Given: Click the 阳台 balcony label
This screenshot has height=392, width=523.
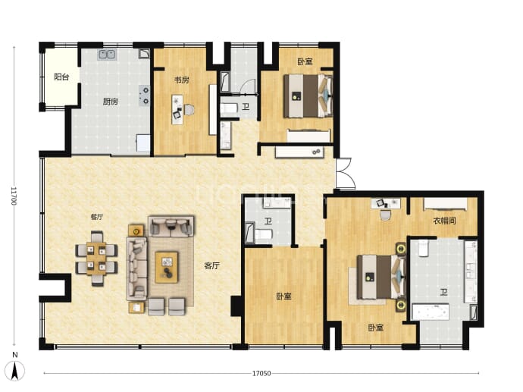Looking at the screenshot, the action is tap(61, 77).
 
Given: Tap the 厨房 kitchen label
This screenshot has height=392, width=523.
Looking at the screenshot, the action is tap(111, 102).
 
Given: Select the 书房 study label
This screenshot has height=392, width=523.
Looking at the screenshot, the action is tap(182, 80).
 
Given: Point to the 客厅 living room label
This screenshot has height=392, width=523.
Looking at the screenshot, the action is tap(211, 266).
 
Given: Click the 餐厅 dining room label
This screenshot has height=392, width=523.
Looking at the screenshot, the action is tap(97, 217).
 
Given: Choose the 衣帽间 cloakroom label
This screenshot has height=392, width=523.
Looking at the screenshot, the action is tap(444, 221).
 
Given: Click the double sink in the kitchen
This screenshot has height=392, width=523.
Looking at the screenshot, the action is tap(107, 55).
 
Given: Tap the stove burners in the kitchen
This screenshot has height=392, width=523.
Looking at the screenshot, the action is tap(145, 96).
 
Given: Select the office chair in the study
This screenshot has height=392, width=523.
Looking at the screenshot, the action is tap(189, 110).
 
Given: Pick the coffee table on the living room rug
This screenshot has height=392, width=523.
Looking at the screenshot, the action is tap(167, 267).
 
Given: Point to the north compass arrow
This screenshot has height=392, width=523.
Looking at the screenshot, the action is tap(15, 370).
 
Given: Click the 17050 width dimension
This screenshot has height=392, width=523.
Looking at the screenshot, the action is tap(261, 373).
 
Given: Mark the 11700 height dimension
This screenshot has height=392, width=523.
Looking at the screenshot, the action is tap(14, 196).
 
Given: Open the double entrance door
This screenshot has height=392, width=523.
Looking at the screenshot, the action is tap(345, 173).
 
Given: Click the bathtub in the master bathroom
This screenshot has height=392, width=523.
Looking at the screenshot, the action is tap(431, 312).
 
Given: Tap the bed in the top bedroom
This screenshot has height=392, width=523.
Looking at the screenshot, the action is tap(308, 96).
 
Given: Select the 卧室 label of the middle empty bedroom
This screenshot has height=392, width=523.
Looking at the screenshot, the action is tap(283, 296).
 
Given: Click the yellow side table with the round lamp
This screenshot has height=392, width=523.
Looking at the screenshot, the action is tap(136, 230).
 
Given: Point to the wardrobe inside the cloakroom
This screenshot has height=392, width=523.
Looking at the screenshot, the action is tap(445, 204).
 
